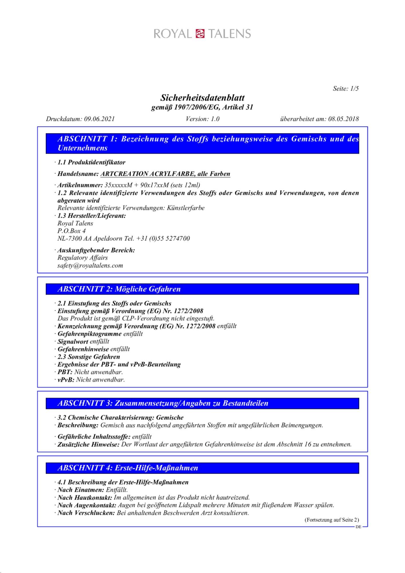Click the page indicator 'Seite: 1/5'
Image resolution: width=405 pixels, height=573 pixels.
point(345,89)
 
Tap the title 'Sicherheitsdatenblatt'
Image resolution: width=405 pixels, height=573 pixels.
point(202,98)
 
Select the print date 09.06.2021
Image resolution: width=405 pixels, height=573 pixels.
point(99,119)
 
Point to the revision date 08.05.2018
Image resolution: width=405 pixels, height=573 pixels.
point(343,119)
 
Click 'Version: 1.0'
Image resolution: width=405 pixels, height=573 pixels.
point(202,119)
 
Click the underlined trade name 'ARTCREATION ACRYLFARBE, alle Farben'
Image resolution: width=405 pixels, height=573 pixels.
point(165,174)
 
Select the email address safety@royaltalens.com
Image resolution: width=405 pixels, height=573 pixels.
point(90,266)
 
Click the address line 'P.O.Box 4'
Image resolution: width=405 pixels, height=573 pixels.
point(72,231)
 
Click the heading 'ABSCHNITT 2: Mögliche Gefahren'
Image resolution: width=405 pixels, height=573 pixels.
point(119,289)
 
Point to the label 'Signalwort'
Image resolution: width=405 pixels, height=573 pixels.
point(73,342)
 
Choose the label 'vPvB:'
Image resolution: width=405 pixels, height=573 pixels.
point(66,380)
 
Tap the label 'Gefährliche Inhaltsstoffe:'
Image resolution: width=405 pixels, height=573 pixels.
point(94,437)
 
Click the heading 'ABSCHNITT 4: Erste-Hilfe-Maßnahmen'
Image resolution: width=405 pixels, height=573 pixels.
point(128,468)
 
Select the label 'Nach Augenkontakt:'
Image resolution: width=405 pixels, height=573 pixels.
point(87,505)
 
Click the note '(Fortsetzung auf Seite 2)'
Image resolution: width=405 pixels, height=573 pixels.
point(331,520)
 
